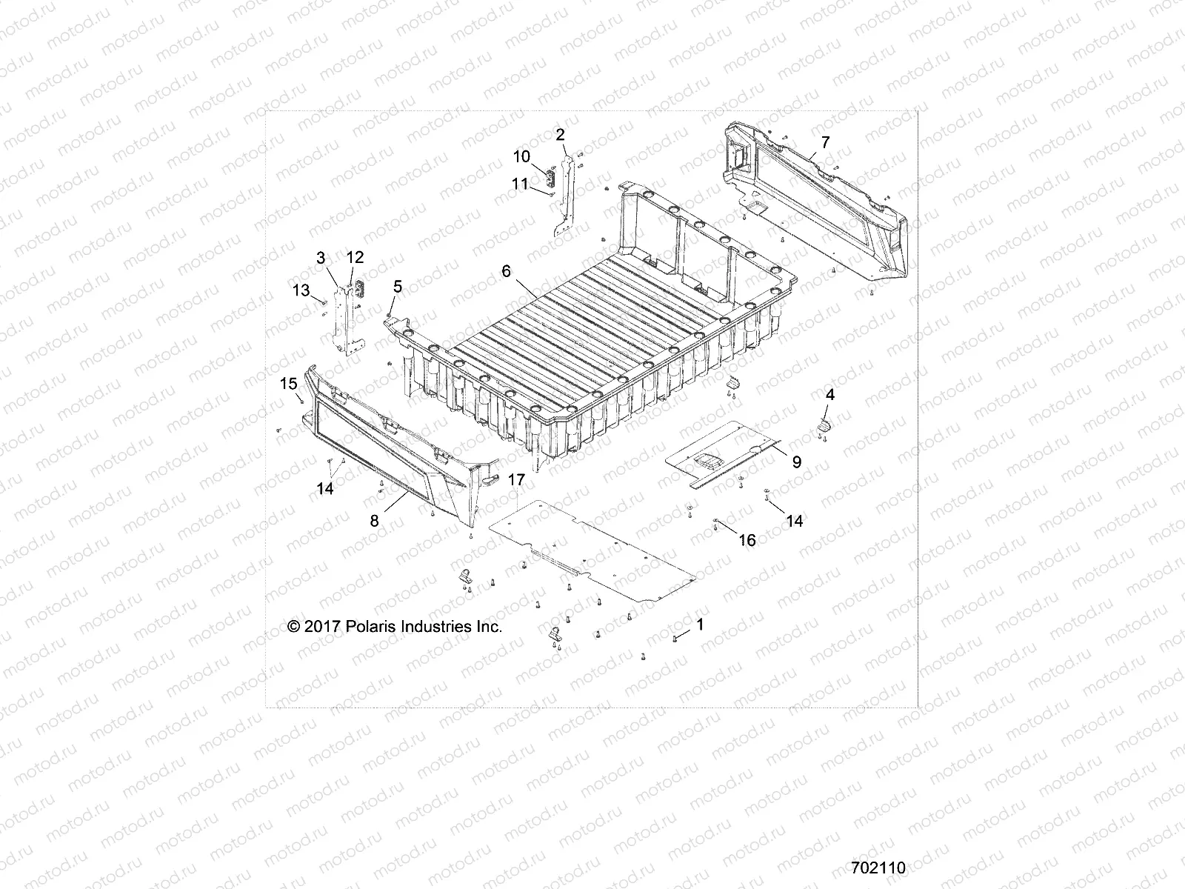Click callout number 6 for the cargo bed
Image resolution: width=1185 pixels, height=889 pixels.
[506, 271]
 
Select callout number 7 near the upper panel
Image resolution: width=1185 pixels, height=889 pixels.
[825, 142]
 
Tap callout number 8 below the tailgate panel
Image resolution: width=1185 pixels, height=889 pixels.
[375, 521]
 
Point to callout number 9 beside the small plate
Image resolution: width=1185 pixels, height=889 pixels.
[797, 462]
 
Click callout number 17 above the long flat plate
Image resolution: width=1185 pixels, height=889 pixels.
[516, 480]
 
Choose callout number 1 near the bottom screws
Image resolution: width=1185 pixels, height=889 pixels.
[700, 625]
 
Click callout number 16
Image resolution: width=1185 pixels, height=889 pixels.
[747, 540]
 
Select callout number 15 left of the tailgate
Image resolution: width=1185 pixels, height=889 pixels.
[288, 383]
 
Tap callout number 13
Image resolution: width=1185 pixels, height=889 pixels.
[301, 290]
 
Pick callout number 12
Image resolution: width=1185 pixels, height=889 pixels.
[355, 257]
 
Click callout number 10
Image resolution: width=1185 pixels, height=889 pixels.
[521, 156]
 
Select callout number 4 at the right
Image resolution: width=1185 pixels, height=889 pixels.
[830, 395]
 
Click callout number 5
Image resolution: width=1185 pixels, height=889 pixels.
[398, 286]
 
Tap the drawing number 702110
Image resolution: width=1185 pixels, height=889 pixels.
[878, 868]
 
